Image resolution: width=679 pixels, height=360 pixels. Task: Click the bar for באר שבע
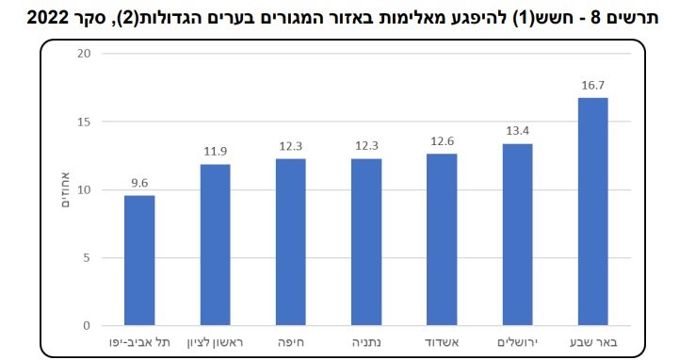point(592,212)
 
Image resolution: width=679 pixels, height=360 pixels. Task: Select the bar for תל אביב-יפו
point(139,260)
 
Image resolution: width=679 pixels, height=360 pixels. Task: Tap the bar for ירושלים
point(517,235)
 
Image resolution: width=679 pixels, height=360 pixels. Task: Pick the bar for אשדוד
point(442,239)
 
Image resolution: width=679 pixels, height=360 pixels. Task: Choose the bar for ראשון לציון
point(215,245)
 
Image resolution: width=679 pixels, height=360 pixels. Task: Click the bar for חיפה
point(290,242)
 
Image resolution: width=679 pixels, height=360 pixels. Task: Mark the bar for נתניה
point(366,242)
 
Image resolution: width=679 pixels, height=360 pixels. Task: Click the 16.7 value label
point(593,85)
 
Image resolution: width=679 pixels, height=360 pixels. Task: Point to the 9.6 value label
point(139,183)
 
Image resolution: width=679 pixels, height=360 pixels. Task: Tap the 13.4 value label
point(517,131)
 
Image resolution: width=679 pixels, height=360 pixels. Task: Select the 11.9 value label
point(215,151)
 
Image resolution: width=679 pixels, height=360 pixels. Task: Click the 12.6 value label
point(442,141)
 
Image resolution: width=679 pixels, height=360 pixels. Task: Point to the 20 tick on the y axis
point(83,54)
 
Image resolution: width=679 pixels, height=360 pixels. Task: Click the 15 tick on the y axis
point(83,122)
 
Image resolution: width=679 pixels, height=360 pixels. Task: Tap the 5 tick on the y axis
point(86,258)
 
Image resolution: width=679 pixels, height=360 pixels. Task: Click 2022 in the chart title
point(32,17)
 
